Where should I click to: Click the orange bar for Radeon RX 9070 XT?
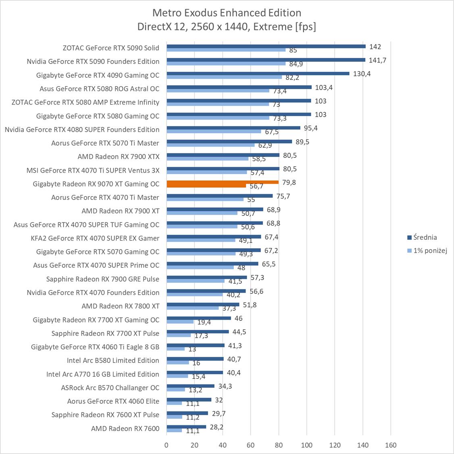(222, 182)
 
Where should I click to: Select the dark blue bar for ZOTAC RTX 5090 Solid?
(266, 46)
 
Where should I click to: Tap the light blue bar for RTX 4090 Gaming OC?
(224, 77)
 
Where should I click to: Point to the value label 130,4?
(362, 74)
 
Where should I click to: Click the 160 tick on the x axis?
(391, 445)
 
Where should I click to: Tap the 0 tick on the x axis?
(167, 445)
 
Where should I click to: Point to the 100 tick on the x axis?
(306, 445)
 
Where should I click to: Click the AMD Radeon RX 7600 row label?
(125, 428)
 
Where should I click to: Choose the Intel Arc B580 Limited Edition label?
(113, 360)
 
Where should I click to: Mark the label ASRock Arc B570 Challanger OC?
(110, 387)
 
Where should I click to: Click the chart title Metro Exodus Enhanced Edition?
(227, 13)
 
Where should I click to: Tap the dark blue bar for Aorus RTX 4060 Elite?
(189, 400)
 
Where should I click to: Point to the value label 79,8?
(289, 182)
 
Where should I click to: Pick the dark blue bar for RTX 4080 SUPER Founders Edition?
(233, 128)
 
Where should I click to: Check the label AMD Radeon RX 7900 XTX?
(119, 157)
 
